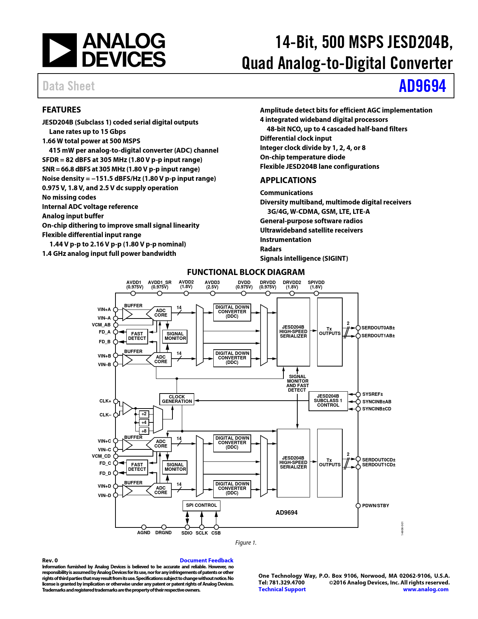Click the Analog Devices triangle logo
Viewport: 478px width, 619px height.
[x=59, y=50]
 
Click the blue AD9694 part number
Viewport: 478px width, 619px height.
[x=422, y=86]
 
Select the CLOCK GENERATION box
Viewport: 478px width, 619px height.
[x=177, y=399]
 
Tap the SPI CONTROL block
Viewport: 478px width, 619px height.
[x=201, y=505]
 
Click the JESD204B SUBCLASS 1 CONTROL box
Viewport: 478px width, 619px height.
[x=328, y=401]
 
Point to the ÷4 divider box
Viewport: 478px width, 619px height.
[x=144, y=422]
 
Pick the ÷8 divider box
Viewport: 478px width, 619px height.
[x=144, y=431]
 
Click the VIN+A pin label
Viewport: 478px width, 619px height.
[x=104, y=309]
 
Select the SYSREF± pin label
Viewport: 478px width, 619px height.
[x=372, y=394]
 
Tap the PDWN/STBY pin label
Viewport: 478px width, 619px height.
[x=375, y=506]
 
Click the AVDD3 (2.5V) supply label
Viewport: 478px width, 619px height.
[x=212, y=285]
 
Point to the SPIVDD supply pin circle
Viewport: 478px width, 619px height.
[x=316, y=293]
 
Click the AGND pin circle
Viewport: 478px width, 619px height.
[x=144, y=527]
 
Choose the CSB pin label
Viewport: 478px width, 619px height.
[x=216, y=533]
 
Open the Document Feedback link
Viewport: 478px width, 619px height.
[x=207, y=560]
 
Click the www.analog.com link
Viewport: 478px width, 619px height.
[x=426, y=589]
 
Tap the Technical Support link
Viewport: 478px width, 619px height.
[x=282, y=589]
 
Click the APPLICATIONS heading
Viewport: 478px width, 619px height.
[x=288, y=180]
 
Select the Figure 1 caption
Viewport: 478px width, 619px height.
[x=246, y=542]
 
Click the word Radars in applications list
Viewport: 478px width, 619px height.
[x=271, y=249]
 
